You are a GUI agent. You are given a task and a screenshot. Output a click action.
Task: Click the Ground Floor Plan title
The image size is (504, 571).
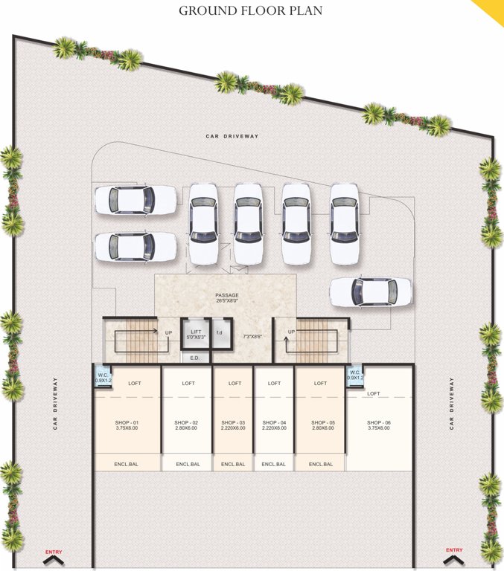click(251, 11)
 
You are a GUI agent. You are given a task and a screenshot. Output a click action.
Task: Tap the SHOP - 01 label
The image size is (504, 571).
click(127, 422)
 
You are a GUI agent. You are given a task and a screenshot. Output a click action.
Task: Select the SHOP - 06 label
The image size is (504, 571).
click(378, 422)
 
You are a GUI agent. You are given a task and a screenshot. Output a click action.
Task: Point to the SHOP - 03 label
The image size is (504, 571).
click(235, 422)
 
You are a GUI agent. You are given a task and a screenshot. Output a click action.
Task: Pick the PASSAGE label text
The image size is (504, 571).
click(227, 296)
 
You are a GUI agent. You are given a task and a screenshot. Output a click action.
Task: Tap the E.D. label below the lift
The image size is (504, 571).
click(195, 358)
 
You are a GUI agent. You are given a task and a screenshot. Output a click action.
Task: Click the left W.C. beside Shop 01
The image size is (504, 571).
click(103, 377)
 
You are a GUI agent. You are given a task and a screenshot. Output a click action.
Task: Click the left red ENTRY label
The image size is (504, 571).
click(54, 551)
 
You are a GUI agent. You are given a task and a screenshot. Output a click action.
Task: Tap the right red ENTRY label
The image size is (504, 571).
click(454, 550)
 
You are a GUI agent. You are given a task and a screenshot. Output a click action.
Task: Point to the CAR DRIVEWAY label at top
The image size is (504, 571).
click(232, 137)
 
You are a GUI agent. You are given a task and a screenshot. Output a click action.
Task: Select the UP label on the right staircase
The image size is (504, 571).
click(291, 332)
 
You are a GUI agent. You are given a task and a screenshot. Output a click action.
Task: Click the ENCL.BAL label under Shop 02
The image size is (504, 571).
click(188, 465)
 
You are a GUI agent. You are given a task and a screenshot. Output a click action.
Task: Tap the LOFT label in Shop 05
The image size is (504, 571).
click(320, 384)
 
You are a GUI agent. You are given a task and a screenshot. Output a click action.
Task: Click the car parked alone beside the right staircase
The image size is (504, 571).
click(370, 291)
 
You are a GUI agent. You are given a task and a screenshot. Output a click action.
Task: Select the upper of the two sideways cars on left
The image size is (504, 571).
click(135, 199)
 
